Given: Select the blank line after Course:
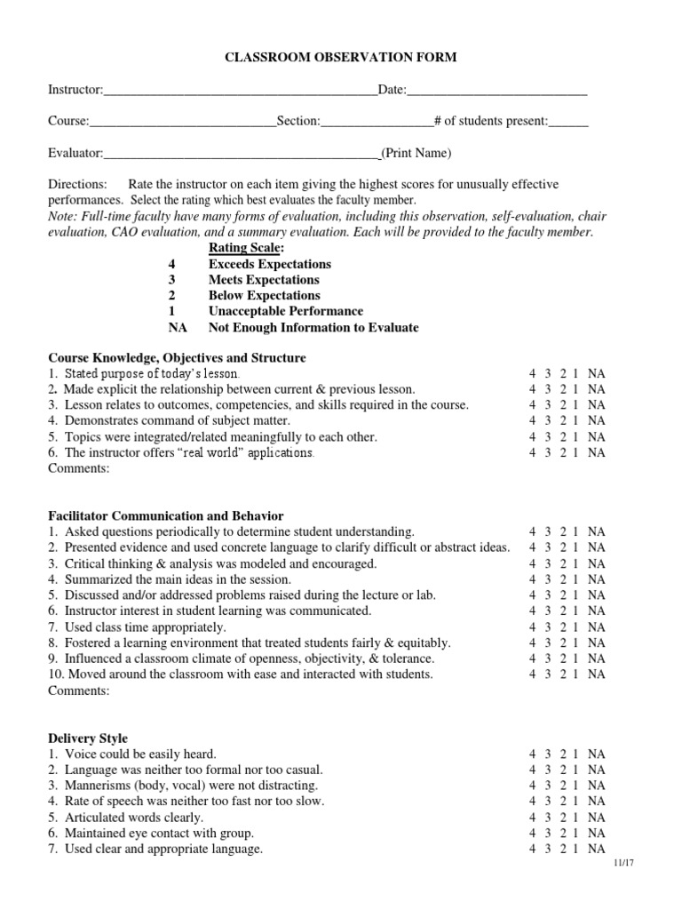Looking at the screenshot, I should point(183,123).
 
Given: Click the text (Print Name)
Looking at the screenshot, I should point(416,153).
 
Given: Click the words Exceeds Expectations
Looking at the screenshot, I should point(270,264).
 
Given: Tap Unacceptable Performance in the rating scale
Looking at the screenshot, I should point(286,311).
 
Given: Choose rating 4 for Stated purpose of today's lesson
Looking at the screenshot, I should point(532,374).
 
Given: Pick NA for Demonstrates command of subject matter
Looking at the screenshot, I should point(597,420).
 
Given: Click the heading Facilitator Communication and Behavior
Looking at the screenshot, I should point(166,515).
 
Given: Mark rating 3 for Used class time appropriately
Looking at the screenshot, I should point(548,627).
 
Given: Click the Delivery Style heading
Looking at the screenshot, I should point(88,738).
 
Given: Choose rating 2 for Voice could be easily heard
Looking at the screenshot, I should point(563,754).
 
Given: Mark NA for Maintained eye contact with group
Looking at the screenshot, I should point(597,834).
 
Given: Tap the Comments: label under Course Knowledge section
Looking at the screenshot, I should point(79,468).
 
